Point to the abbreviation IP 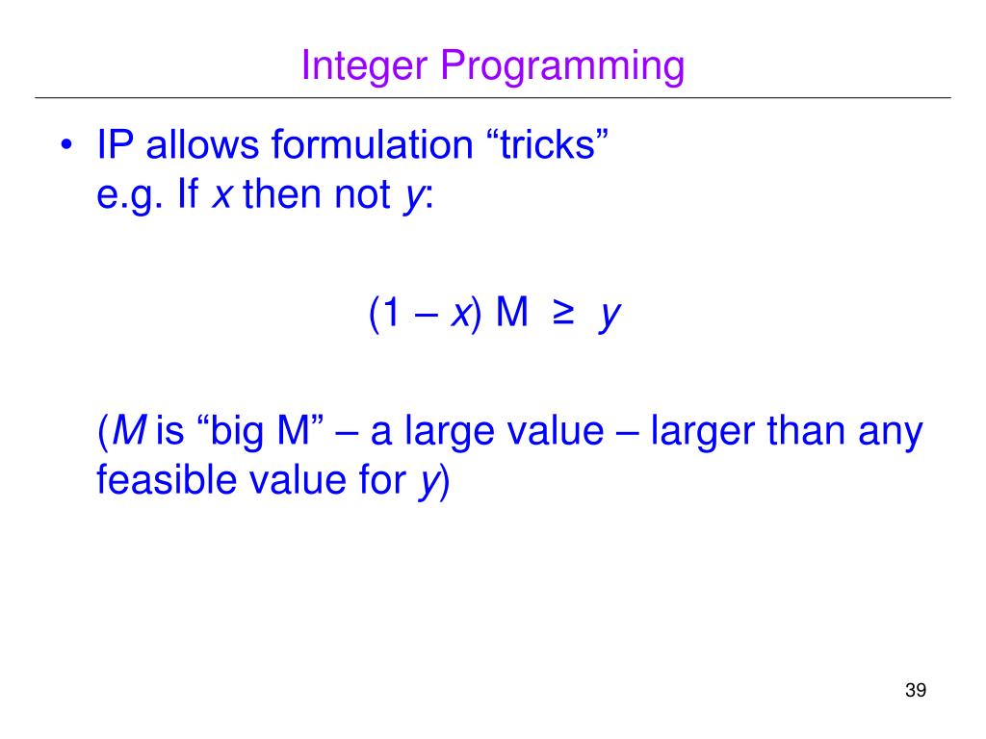116,146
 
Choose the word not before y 363,196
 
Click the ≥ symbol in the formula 562,315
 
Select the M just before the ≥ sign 512,314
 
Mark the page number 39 915,691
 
